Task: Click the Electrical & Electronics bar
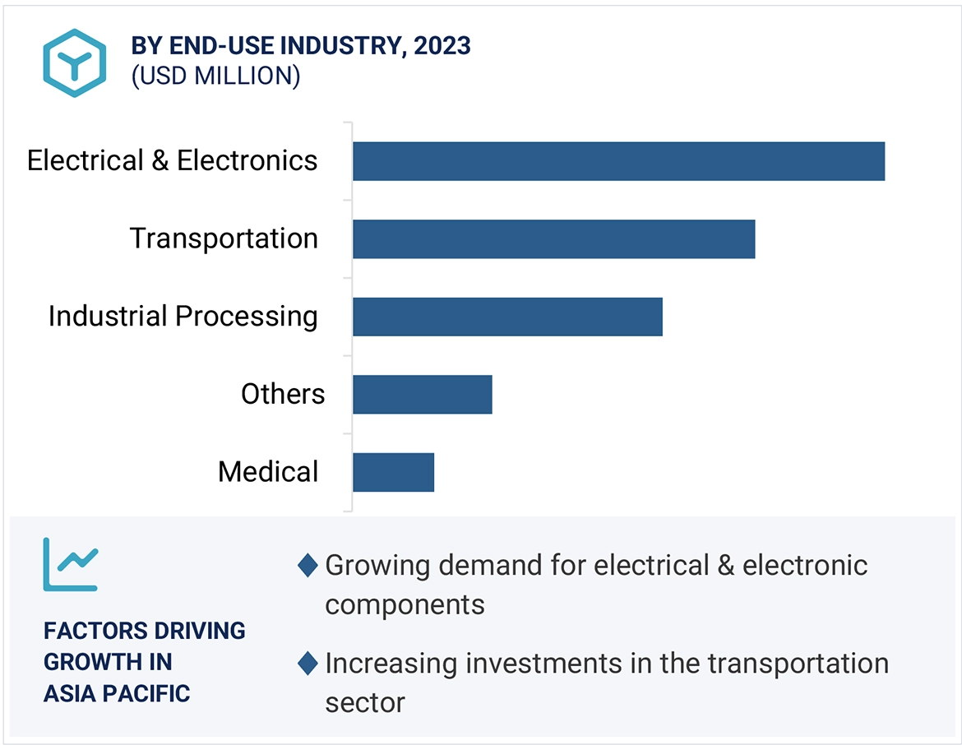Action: tap(618, 161)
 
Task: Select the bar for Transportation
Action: tap(553, 238)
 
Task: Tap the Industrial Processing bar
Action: tap(507, 317)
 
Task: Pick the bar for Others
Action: tap(422, 395)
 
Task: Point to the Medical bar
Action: tap(393, 472)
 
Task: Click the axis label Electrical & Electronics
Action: tap(172, 160)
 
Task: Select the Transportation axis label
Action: tap(224, 238)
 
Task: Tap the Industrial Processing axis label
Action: tap(183, 317)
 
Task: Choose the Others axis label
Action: tap(283, 395)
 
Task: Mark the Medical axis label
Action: tap(268, 472)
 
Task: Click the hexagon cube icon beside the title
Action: tap(75, 63)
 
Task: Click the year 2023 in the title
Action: tap(442, 46)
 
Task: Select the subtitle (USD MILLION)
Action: tap(215, 76)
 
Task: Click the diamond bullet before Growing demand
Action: tap(308, 566)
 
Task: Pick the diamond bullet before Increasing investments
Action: tap(308, 664)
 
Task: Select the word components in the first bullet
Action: tap(405, 604)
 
